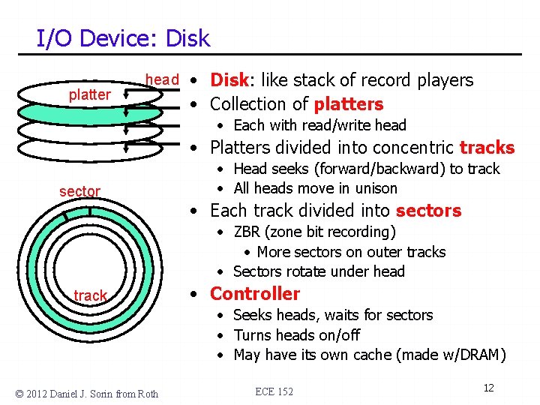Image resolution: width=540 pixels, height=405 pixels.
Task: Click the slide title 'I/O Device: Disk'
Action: click(x=124, y=38)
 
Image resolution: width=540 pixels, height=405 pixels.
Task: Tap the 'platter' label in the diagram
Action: click(x=89, y=94)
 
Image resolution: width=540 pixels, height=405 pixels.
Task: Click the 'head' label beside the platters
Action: click(x=162, y=79)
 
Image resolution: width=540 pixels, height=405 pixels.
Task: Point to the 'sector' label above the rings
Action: click(x=79, y=191)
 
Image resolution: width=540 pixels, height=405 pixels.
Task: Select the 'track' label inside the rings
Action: click(x=90, y=295)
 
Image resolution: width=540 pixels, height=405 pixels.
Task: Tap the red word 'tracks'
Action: click(x=487, y=148)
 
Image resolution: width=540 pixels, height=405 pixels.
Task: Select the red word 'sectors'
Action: click(x=428, y=211)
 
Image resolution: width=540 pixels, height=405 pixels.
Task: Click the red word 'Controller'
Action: click(x=254, y=294)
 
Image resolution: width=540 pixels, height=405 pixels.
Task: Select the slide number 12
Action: click(x=488, y=388)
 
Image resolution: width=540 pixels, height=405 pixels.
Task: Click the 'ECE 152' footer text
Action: click(x=274, y=391)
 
